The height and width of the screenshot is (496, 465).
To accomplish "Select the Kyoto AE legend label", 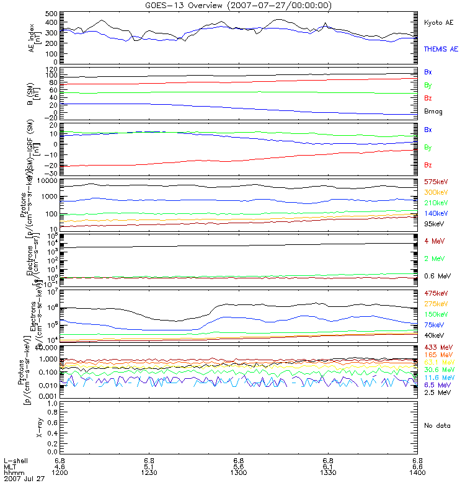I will click(x=439, y=22).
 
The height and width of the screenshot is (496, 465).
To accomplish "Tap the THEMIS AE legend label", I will click(x=441, y=48).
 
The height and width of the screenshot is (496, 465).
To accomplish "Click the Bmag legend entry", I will click(x=433, y=112).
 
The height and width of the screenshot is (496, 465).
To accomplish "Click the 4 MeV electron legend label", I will click(x=435, y=241).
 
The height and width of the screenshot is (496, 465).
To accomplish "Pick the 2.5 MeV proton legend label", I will click(x=436, y=392).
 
